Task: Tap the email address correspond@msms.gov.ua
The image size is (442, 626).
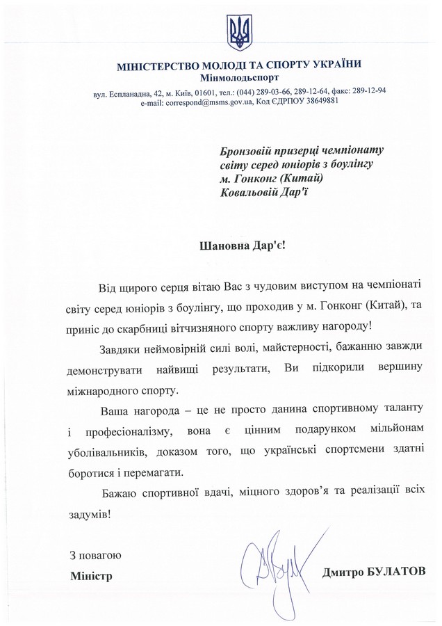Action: [206, 102]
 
